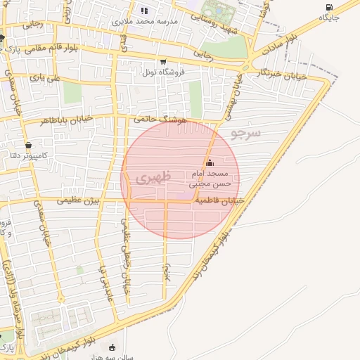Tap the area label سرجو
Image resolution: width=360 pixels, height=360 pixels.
click(245, 132)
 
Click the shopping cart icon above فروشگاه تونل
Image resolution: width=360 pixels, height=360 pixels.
click(164, 62)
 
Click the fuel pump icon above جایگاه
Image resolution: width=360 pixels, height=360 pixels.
click(330, 6)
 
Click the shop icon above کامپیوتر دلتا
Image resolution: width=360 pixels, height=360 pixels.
click(27, 145)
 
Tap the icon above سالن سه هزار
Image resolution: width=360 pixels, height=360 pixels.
click(112, 347)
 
